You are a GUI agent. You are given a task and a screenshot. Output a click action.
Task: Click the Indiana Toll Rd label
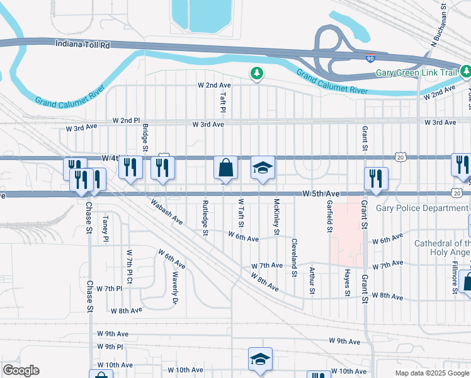coord(83,45)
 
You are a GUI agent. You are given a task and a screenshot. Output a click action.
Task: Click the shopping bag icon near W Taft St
coord(225,168)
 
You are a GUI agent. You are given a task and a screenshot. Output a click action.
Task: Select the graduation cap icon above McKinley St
coord(263,168)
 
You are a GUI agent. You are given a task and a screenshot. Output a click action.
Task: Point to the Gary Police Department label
coord(422,208)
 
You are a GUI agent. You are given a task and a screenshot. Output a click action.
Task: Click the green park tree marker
coord(257,74)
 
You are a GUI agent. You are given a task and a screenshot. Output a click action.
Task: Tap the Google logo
coord(21,370)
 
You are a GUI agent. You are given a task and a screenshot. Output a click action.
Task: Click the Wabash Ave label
coord(166,213)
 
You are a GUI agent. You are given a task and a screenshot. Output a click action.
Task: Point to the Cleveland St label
coord(294,258)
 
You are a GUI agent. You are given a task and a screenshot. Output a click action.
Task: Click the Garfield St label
coord(329,216)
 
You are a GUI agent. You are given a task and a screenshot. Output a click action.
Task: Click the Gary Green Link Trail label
coord(416,72)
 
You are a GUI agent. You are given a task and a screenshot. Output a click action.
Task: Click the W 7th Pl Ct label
coord(129,268)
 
